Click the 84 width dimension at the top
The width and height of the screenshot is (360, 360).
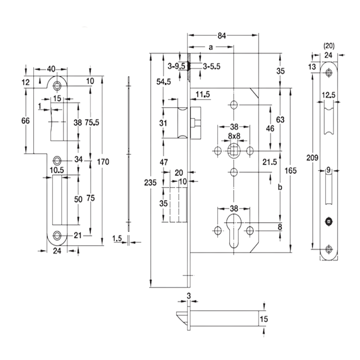pyautogui.click(x=222, y=36)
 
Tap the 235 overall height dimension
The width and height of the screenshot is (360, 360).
pyautogui.click(x=150, y=183)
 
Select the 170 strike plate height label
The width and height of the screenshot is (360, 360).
pyautogui.click(x=103, y=162)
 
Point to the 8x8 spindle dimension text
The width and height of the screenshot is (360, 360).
pyautogui.click(x=234, y=136)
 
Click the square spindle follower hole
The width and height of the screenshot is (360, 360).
pyautogui.click(x=234, y=151)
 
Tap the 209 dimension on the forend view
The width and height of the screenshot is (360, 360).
pyautogui.click(x=312, y=158)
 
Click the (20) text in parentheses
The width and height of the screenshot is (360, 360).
pyautogui.click(x=329, y=46)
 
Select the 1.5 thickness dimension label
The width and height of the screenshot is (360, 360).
pyautogui.click(x=117, y=238)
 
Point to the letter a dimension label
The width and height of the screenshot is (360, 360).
pyautogui.click(x=211, y=47)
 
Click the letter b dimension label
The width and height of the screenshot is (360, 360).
pyautogui.click(x=280, y=187)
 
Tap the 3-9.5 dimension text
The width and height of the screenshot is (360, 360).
pyautogui.click(x=176, y=66)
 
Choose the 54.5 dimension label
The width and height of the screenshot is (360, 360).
pyautogui.click(x=163, y=81)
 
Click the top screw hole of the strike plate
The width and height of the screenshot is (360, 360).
pyautogui.click(x=57, y=85)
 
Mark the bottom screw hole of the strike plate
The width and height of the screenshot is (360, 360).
pyautogui.click(x=57, y=235)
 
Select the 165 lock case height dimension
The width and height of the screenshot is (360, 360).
pyautogui.click(x=290, y=171)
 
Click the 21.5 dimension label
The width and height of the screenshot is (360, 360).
pyautogui.click(x=270, y=162)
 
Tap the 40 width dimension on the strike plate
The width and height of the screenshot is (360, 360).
pyautogui.click(x=51, y=69)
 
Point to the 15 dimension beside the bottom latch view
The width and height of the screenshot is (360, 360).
pyautogui.click(x=264, y=319)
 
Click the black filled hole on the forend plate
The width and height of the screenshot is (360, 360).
pyautogui.click(x=329, y=221)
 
